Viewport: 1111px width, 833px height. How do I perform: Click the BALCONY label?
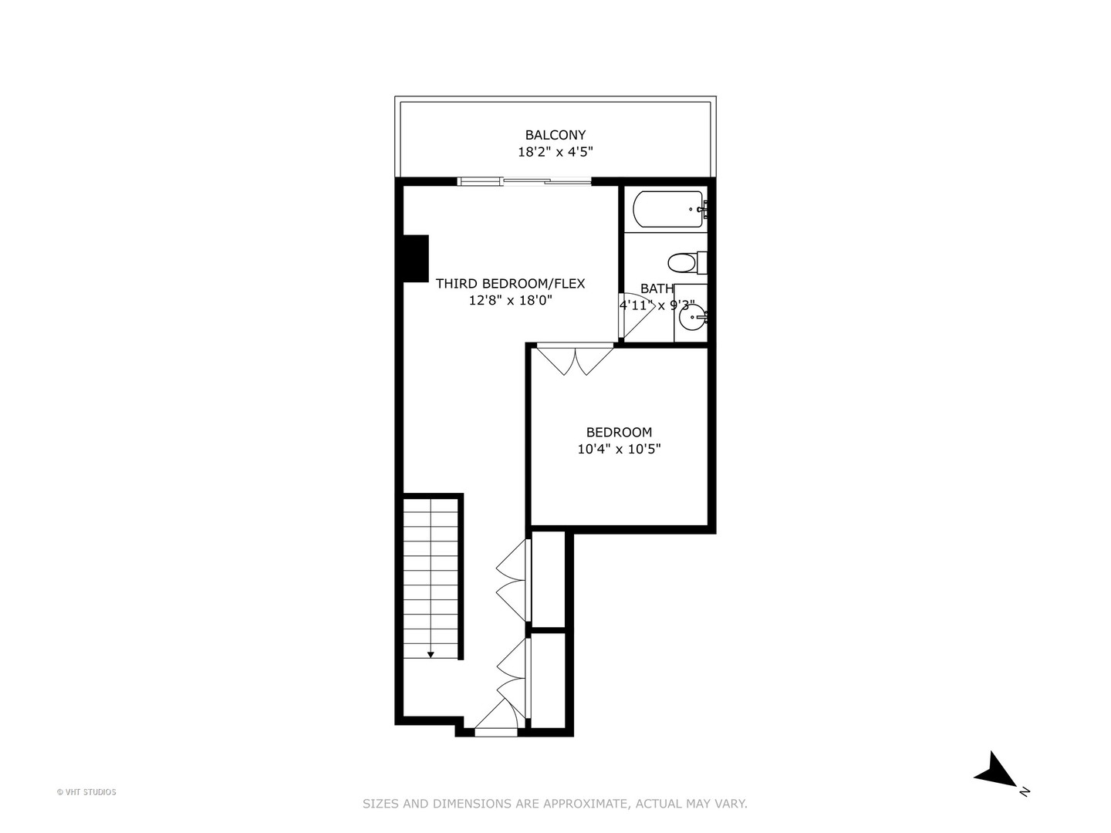555,135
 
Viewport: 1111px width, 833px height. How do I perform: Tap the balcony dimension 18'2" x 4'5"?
555,153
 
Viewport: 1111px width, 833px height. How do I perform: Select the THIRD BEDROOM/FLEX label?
510,284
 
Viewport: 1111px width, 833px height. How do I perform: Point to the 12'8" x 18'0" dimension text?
510,301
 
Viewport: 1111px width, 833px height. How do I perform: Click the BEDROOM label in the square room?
619,433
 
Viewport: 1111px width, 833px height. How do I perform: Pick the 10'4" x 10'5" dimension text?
619,449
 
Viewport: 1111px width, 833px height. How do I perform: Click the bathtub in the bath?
668,209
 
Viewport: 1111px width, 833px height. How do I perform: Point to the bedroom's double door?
575,359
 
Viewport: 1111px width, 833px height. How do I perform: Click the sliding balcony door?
525,182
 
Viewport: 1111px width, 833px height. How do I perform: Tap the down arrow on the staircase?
431,654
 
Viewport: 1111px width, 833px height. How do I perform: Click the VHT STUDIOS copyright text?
86,792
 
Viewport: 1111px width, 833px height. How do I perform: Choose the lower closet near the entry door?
549,679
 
